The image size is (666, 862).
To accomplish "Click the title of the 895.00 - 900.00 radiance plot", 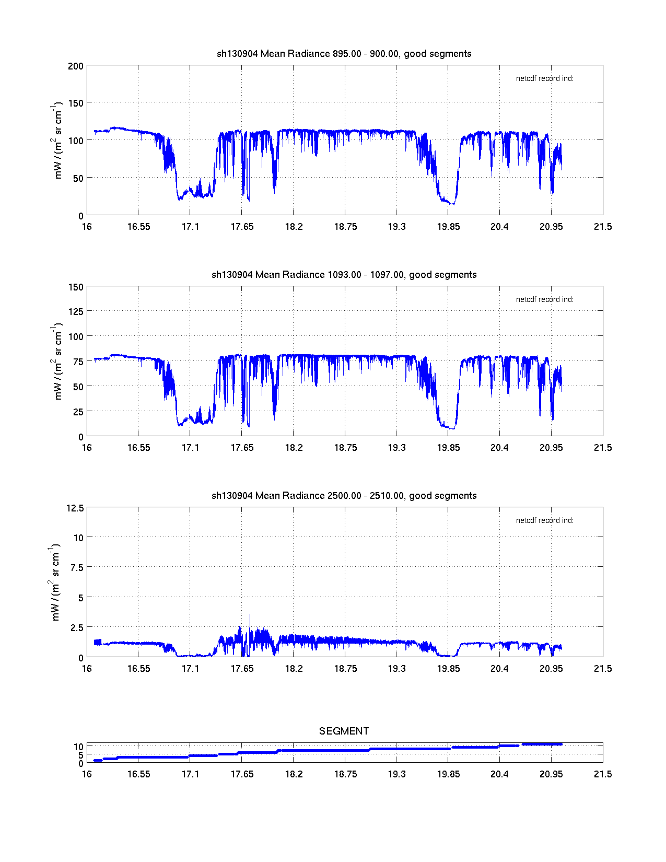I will coord(344,54).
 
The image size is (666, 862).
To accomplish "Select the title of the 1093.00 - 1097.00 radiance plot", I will coord(344,275).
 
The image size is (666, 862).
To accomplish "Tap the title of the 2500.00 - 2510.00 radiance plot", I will coord(344,496).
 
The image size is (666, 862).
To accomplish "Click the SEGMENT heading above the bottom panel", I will coord(344,731).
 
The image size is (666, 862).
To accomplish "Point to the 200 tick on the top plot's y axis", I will coord(76,66).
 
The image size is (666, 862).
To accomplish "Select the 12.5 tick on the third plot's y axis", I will coord(75,508).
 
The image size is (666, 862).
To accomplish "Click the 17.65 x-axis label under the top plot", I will coord(242,227).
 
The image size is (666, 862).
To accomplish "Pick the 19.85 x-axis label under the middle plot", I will coord(448,448).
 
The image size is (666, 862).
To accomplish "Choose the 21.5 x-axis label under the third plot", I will coord(602,669).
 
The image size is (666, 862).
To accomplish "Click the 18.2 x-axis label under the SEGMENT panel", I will coord(294,774).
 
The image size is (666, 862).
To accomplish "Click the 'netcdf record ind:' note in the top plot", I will coord(544,79).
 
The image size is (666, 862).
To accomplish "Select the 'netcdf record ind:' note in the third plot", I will coord(544,521).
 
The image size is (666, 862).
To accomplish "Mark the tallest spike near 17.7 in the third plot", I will coord(250,615).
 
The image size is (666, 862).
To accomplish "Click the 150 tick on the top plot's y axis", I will coord(76,103).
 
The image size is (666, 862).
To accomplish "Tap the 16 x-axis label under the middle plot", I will coord(87,448).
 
